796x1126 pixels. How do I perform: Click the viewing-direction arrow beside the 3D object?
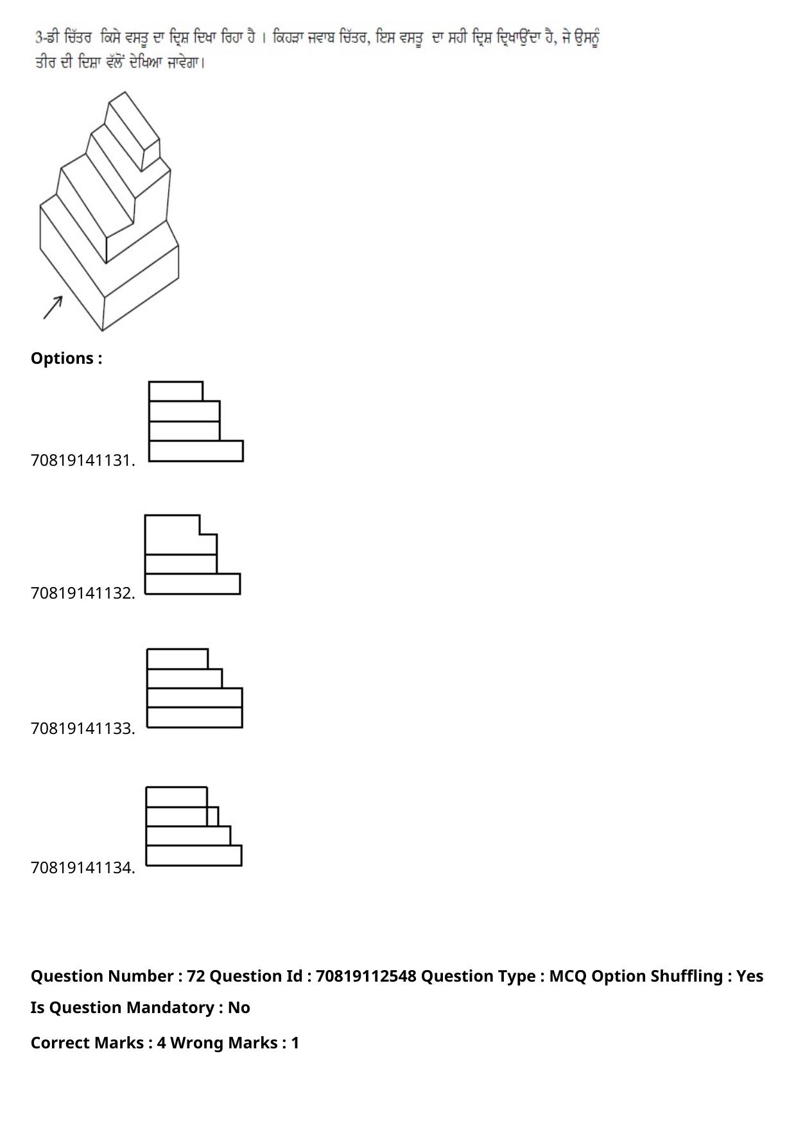click(x=53, y=307)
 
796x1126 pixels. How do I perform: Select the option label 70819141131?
click(x=83, y=461)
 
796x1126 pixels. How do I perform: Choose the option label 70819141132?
click(x=83, y=593)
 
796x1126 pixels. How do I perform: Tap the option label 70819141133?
click(x=83, y=729)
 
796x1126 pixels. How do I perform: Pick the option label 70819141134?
click(x=83, y=868)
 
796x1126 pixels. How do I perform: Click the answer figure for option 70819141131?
click(x=196, y=422)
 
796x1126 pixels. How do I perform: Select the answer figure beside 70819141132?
click(x=193, y=554)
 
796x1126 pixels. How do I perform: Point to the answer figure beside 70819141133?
click(x=195, y=688)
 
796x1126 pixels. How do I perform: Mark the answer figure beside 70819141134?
click(x=194, y=826)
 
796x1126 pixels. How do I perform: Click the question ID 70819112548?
click(x=366, y=977)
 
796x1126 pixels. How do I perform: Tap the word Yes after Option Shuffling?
click(x=750, y=977)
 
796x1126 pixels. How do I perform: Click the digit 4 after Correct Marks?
click(x=161, y=1043)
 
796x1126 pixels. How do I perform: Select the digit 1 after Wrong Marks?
click(x=295, y=1043)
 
